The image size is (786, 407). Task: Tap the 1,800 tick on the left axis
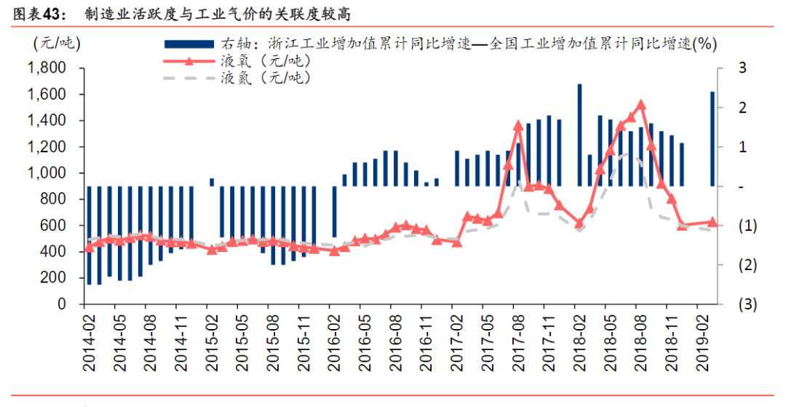click(x=46, y=68)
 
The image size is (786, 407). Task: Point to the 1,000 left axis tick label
click(x=46, y=173)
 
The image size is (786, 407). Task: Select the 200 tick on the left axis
click(x=54, y=278)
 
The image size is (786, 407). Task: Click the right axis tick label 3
click(x=742, y=68)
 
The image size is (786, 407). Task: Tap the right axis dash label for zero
click(x=740, y=186)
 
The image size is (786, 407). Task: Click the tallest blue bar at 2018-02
click(x=579, y=135)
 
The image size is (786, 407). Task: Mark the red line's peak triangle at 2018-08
click(x=641, y=105)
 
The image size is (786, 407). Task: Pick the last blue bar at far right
click(x=712, y=138)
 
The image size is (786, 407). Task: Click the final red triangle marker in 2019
click(x=712, y=222)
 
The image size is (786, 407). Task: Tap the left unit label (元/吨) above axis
click(x=57, y=44)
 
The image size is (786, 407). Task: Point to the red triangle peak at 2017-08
click(x=518, y=125)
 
